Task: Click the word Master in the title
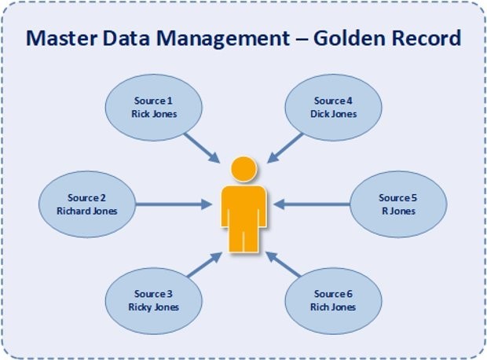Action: point(61,38)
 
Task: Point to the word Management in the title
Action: point(223,39)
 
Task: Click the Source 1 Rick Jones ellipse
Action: point(154,107)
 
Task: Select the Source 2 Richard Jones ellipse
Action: point(87,204)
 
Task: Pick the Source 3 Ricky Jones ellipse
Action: point(154,301)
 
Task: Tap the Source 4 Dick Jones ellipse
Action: point(334,107)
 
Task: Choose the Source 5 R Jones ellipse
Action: point(398,204)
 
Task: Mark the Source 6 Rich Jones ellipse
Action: point(334,301)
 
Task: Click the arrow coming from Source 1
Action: point(202,148)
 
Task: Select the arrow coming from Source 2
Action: point(174,204)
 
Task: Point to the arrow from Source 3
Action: point(205,264)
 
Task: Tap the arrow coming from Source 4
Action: point(285,148)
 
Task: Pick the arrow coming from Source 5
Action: point(312,204)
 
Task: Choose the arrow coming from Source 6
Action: point(284,264)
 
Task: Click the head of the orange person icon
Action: point(244,169)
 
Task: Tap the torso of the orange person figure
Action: point(243,207)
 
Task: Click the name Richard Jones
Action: point(87,211)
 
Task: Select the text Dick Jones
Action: point(334,114)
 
